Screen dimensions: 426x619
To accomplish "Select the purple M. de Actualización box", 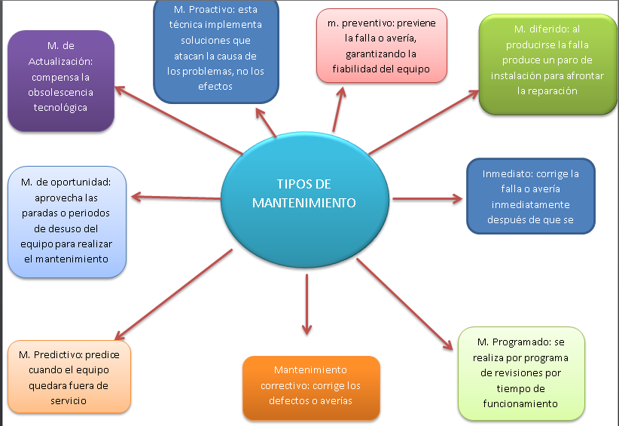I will pos(60,81).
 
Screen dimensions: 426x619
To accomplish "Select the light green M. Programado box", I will pos(521,372).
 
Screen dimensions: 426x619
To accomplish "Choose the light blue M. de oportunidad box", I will pos(67,221).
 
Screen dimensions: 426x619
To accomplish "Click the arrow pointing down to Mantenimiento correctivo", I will pos(306,305).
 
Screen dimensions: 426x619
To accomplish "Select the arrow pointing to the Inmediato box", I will pos(426,199).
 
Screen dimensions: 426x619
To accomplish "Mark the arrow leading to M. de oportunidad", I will pos(176,198).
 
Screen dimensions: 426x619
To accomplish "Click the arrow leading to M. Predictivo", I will pos(173,294).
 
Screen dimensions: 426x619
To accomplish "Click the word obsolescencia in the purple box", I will pos(59,93).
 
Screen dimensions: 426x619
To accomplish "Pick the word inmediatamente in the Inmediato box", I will pos(530,205).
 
